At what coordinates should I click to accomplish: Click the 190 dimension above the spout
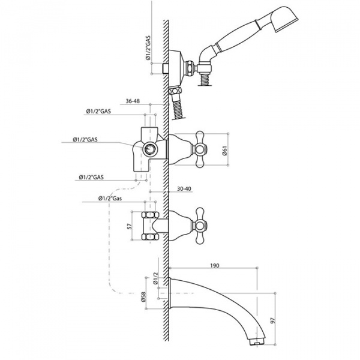[x=215, y=265]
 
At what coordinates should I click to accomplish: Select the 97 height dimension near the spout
[x=273, y=320]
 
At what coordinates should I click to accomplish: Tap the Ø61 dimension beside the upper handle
[x=225, y=151]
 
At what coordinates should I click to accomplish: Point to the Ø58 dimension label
[x=143, y=297]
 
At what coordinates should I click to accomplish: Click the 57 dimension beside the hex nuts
[x=130, y=226]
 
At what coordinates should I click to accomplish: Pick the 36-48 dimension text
[x=133, y=101]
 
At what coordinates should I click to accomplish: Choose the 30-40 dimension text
[x=184, y=189]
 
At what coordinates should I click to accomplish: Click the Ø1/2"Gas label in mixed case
[x=110, y=199]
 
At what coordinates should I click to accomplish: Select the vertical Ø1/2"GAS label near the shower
[x=148, y=48]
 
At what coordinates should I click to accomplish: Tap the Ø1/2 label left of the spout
[x=155, y=278]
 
